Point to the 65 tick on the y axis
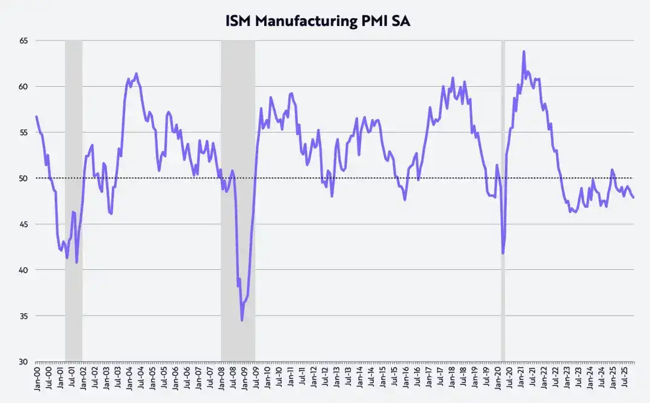(24, 40)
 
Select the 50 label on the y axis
(24, 178)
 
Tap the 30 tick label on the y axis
(24, 362)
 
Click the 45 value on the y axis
(24, 224)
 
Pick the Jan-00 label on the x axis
(37, 380)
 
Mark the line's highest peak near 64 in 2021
(524, 52)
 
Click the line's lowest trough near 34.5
(242, 320)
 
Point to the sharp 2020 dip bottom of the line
(503, 253)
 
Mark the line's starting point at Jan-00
(36, 116)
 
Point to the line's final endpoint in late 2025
(633, 197)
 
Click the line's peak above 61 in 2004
(137, 73)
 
